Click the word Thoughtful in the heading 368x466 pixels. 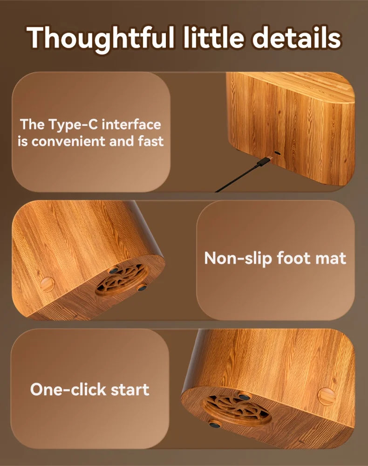click(x=101, y=39)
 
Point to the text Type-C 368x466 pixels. click(x=73, y=125)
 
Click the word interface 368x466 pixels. click(x=131, y=124)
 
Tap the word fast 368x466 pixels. click(x=150, y=141)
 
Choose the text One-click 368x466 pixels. click(x=68, y=389)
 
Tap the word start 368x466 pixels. click(x=130, y=390)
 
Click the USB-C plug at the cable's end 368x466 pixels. click(x=265, y=161)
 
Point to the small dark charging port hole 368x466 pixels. click(x=278, y=153)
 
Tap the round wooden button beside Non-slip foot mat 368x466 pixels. click(x=47, y=284)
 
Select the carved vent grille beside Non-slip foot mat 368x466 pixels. click(x=122, y=279)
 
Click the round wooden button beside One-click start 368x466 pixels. click(x=327, y=397)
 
